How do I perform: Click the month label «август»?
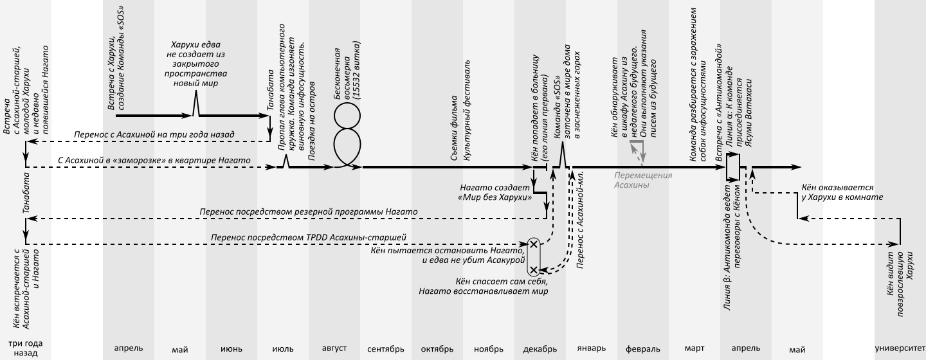(x=334, y=348)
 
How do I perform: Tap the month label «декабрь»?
(x=540, y=349)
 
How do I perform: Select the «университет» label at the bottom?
(x=900, y=348)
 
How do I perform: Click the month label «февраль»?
(x=643, y=349)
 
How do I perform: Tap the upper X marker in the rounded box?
(x=533, y=244)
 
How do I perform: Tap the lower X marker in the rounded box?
(x=533, y=269)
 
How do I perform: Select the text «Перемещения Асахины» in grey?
(x=643, y=180)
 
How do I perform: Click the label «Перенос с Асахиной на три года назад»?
(x=154, y=134)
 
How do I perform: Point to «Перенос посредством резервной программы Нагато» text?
(x=309, y=212)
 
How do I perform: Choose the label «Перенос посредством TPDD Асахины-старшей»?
(x=309, y=238)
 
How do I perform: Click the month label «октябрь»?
(x=437, y=349)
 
